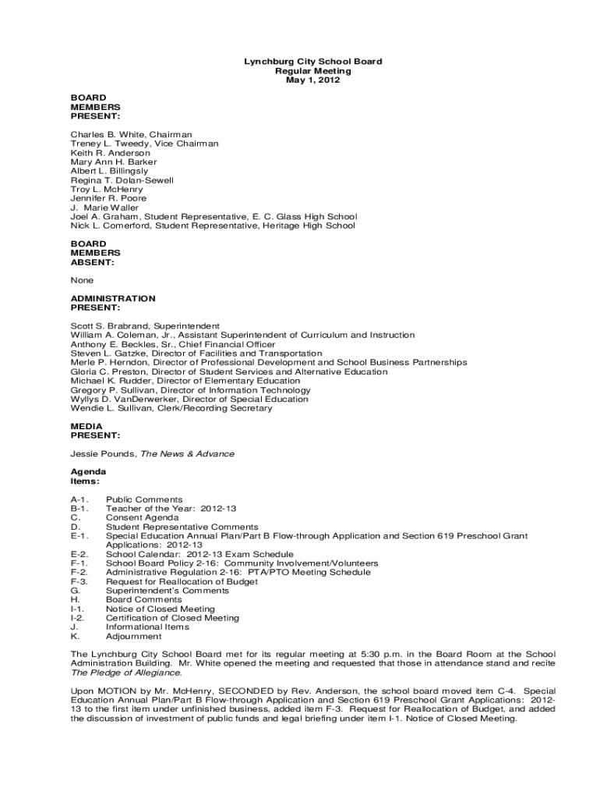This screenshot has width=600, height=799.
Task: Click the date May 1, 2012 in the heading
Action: click(313, 80)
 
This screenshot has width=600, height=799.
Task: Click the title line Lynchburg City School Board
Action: click(313, 62)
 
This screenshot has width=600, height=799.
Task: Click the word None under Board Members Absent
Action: click(82, 280)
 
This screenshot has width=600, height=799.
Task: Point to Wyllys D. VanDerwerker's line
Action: click(189, 399)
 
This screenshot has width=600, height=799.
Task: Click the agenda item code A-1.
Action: click(79, 499)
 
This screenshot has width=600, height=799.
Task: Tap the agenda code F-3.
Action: click(79, 581)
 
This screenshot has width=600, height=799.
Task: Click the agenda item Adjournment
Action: click(134, 636)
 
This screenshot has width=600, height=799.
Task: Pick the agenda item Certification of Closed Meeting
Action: click(172, 618)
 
